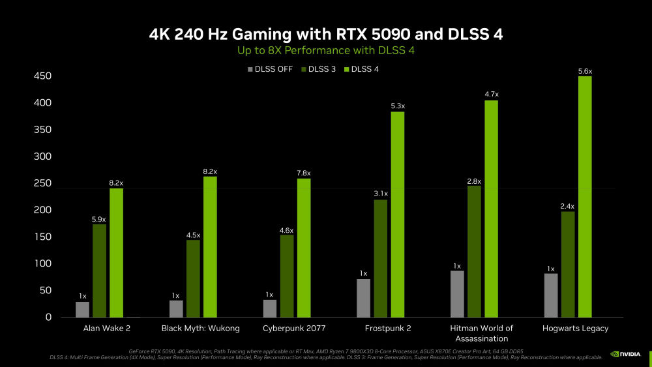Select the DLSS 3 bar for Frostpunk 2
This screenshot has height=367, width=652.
(x=380, y=259)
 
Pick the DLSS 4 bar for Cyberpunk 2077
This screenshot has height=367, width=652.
(x=304, y=248)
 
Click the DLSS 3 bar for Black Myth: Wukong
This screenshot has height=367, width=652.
(x=193, y=278)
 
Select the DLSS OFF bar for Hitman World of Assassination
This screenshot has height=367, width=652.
(x=457, y=294)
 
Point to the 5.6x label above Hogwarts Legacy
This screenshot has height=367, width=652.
(x=585, y=71)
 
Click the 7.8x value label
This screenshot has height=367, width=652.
(x=304, y=173)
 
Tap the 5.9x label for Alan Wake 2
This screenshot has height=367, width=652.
(x=99, y=219)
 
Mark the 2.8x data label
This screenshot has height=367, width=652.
(x=474, y=181)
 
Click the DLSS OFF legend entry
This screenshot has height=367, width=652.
(x=270, y=69)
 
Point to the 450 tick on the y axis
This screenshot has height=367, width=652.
(x=42, y=77)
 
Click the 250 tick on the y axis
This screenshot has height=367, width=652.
(x=42, y=184)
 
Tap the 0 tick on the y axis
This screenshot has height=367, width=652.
(x=48, y=317)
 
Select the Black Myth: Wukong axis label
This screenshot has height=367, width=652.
(x=200, y=328)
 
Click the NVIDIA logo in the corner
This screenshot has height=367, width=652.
(x=625, y=355)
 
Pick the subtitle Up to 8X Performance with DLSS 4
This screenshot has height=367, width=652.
(x=325, y=50)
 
